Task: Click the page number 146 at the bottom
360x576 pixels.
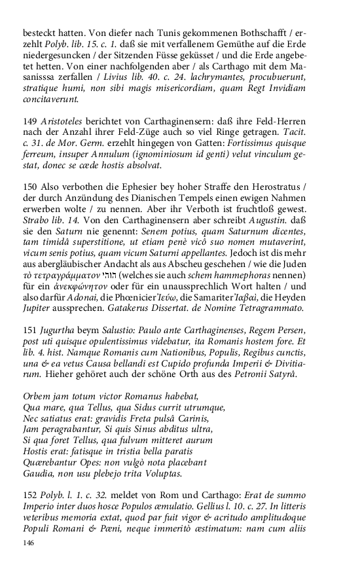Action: coord(29,543)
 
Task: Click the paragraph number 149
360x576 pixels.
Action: coord(29,123)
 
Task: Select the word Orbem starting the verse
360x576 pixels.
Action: coord(38,396)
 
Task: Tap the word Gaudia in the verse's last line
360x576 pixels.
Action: coord(39,473)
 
